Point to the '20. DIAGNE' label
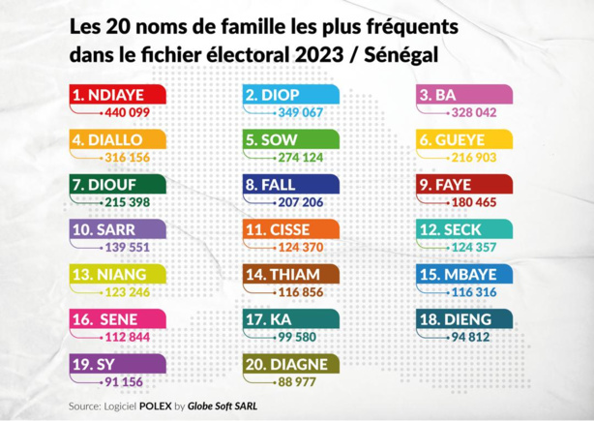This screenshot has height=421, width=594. (290, 364)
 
